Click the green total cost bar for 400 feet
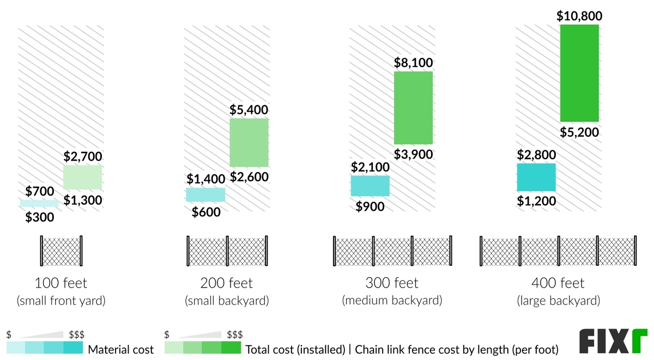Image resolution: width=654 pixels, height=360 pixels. [x=579, y=73]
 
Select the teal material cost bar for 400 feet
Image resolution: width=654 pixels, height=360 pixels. [x=536, y=178]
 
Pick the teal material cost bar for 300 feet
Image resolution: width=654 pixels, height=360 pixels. [x=370, y=186]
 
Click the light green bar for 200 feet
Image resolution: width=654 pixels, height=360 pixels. [x=249, y=142]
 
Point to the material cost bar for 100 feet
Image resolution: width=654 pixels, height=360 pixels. [x=39, y=203]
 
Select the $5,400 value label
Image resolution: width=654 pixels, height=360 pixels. [x=249, y=110]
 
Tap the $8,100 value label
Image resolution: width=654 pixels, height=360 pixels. [x=414, y=63]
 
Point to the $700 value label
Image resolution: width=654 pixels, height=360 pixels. [x=40, y=191]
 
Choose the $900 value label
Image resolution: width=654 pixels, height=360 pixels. [x=370, y=206]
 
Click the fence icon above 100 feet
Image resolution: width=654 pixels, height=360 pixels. [x=60, y=251]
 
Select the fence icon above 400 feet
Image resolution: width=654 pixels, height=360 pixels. [x=558, y=251]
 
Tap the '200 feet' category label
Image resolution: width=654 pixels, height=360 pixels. [x=226, y=284]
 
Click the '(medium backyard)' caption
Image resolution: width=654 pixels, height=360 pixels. [x=392, y=301]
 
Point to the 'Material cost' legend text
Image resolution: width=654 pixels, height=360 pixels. [x=121, y=349]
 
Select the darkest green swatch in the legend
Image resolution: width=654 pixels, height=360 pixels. [x=231, y=348]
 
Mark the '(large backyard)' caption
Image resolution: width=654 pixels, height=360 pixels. [x=558, y=301]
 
